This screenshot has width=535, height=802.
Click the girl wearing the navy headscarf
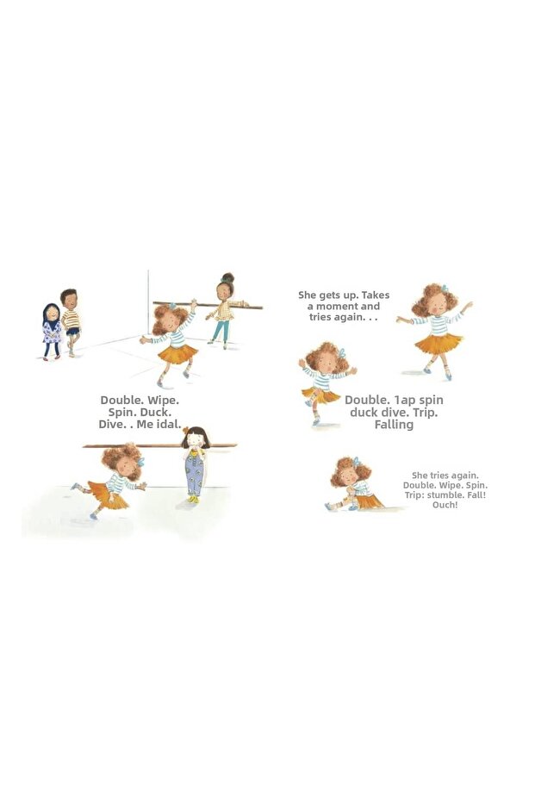pyautogui.click(x=52, y=332)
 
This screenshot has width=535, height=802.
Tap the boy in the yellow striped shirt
pyautogui.click(x=71, y=322)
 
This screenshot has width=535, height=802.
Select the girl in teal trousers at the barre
pyautogui.click(x=223, y=310)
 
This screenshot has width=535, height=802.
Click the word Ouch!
pyautogui.click(x=445, y=505)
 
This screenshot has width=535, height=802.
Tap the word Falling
pyautogui.click(x=394, y=425)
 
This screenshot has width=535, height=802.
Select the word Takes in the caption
pyautogui.click(x=376, y=295)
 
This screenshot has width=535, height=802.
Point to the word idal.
pyautogui.click(x=169, y=424)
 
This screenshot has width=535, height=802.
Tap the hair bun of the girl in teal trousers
pyautogui.click(x=228, y=277)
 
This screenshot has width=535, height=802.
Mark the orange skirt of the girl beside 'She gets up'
pyautogui.click(x=439, y=343)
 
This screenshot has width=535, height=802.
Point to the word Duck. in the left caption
pyautogui.click(x=156, y=413)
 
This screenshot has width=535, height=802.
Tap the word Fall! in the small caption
pyautogui.click(x=476, y=495)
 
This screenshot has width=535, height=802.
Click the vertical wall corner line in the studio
pyautogui.click(x=148, y=303)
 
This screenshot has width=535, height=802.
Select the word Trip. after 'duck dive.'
pyautogui.click(x=425, y=413)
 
